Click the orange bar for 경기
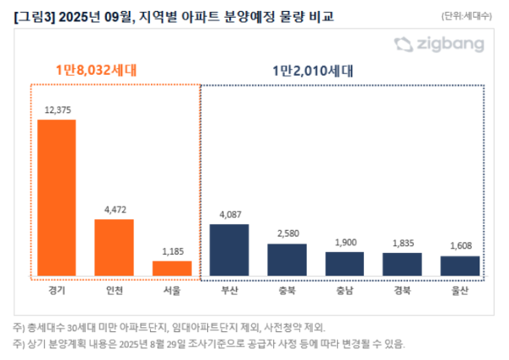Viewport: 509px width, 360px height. click(x=56, y=197)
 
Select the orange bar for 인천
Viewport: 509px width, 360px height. click(x=114, y=247)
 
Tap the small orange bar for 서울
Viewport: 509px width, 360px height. click(x=171, y=267)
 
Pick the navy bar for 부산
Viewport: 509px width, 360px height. click(x=229, y=250)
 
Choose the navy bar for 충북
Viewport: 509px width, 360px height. click(x=287, y=259)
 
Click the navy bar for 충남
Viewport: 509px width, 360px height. click(x=344, y=263)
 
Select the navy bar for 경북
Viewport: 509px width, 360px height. click(x=402, y=264)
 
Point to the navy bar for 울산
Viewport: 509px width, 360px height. click(x=460, y=266)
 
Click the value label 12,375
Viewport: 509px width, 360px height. click(x=56, y=110)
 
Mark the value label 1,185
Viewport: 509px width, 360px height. click(x=171, y=252)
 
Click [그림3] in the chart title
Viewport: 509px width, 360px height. click(x=33, y=14)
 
